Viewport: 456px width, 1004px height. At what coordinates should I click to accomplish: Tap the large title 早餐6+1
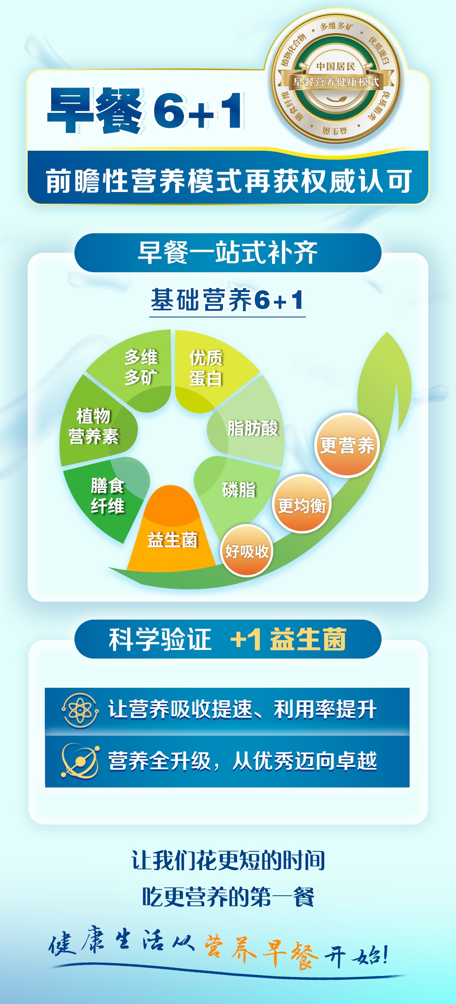pos(145,110)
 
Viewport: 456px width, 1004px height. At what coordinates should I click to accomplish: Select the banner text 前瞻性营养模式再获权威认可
pos(228,181)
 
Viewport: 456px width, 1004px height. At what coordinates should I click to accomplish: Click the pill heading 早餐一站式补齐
pos(228,253)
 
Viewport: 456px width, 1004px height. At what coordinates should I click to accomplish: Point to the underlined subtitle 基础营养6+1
pos(227,300)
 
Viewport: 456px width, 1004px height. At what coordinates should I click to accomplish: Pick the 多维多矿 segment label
pos(141,367)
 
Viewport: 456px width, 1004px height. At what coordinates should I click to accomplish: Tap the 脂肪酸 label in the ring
pos(253,428)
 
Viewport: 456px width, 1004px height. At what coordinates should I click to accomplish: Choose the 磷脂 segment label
pos(239,490)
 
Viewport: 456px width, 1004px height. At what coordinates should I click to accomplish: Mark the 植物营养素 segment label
pos(94,426)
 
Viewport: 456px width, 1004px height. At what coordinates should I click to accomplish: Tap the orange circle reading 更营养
pos(347,445)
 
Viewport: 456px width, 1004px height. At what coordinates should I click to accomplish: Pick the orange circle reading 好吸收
pos(247,551)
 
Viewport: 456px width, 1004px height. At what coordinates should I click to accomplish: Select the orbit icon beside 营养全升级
pos(80,761)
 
